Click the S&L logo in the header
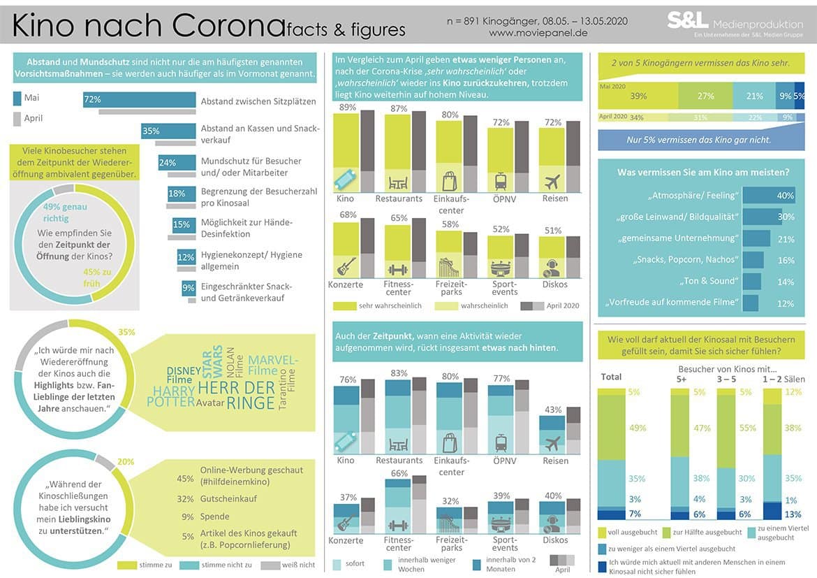pos(688,20)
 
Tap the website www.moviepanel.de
pos(538,33)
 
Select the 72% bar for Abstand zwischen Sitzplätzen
pos(140,100)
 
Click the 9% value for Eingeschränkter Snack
pos(189,287)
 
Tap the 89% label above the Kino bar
pos(348,108)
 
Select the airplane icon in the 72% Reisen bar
pos(552,182)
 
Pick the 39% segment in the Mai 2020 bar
pos(638,96)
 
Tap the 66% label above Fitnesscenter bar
pos(399,474)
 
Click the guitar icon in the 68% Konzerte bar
pos(346,266)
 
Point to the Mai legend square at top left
pos(17,98)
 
